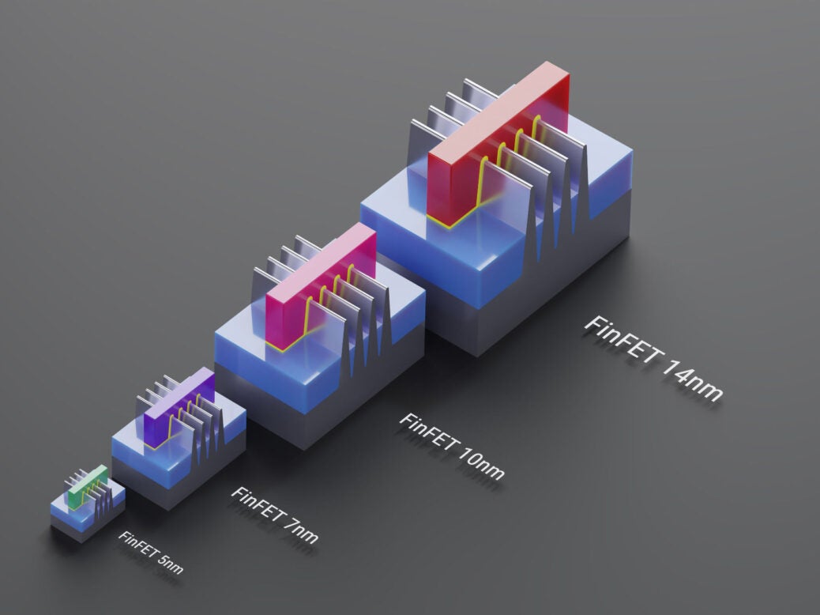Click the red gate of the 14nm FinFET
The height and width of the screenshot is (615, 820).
click(454, 182)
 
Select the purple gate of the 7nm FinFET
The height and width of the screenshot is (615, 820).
click(158, 419)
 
